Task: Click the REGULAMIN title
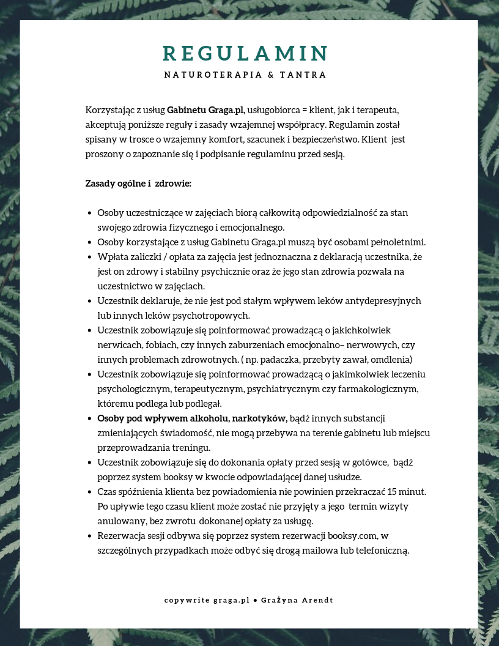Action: pyautogui.click(x=245, y=54)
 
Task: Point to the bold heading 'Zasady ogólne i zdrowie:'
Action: pyautogui.click(x=138, y=184)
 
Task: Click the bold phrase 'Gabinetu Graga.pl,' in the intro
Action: pyautogui.click(x=206, y=110)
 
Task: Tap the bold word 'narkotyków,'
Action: pyautogui.click(x=260, y=418)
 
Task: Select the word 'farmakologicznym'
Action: pyautogui.click(x=379, y=389)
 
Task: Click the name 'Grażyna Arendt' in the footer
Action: pyautogui.click(x=297, y=600)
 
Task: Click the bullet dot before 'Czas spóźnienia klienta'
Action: pyautogui.click(x=90, y=492)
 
